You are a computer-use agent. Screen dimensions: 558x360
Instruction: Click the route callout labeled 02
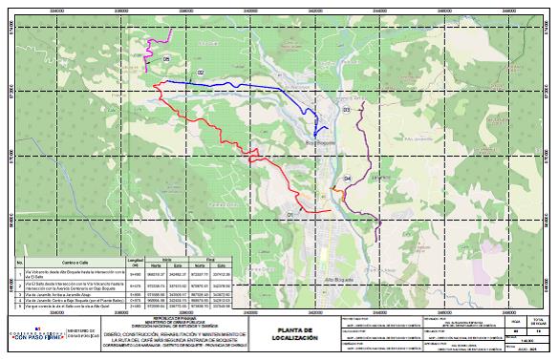[201, 73]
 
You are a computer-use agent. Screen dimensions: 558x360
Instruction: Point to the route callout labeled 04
[347, 179]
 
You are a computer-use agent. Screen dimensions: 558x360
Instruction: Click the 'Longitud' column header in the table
[135, 260]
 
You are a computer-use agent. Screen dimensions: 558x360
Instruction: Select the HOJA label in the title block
[517, 319]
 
